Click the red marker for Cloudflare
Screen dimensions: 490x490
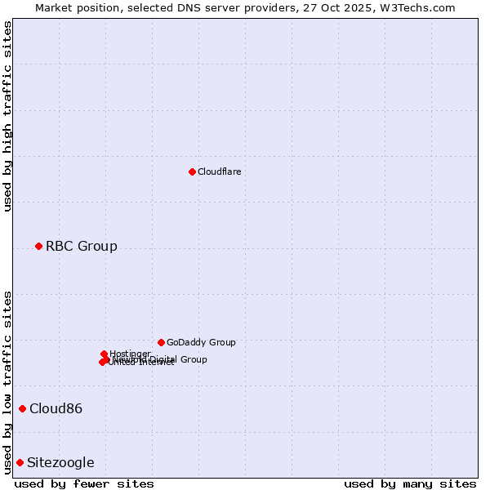(192, 171)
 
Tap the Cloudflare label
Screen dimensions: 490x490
(219, 171)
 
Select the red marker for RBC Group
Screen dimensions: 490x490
(38, 246)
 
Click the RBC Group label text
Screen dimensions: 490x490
(81, 246)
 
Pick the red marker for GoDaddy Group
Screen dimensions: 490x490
(161, 342)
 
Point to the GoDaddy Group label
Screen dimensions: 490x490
(201, 342)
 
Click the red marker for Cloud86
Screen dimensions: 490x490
(22, 408)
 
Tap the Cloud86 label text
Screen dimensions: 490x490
(56, 408)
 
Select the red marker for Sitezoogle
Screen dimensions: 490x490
(20, 462)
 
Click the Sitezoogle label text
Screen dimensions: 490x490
(60, 462)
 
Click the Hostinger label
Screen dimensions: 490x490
(130, 354)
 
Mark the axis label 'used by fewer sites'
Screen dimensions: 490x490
(84, 483)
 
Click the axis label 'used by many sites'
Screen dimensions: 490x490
(410, 483)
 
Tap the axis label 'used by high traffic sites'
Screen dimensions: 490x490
(8, 116)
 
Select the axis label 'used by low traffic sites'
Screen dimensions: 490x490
(8, 382)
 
